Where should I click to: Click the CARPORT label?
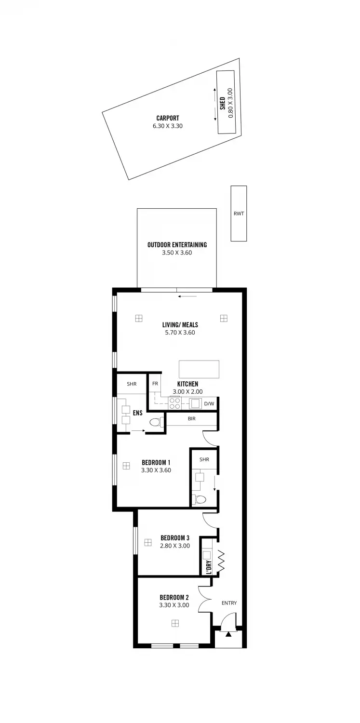(167, 118)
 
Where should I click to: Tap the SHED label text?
(223, 103)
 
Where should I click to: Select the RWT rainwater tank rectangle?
(239, 214)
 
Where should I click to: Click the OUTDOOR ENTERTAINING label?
(177, 245)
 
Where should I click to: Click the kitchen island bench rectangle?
(199, 369)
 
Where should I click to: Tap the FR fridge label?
(155, 384)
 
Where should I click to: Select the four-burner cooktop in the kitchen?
(174, 403)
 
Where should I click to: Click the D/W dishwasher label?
(209, 403)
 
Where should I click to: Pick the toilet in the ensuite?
(155, 423)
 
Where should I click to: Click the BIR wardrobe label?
(191, 419)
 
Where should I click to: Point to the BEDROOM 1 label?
(156, 463)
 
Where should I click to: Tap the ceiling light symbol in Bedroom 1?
(126, 466)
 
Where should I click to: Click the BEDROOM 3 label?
(175, 538)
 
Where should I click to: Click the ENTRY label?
(229, 603)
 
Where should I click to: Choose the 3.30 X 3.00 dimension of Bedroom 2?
(174, 605)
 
